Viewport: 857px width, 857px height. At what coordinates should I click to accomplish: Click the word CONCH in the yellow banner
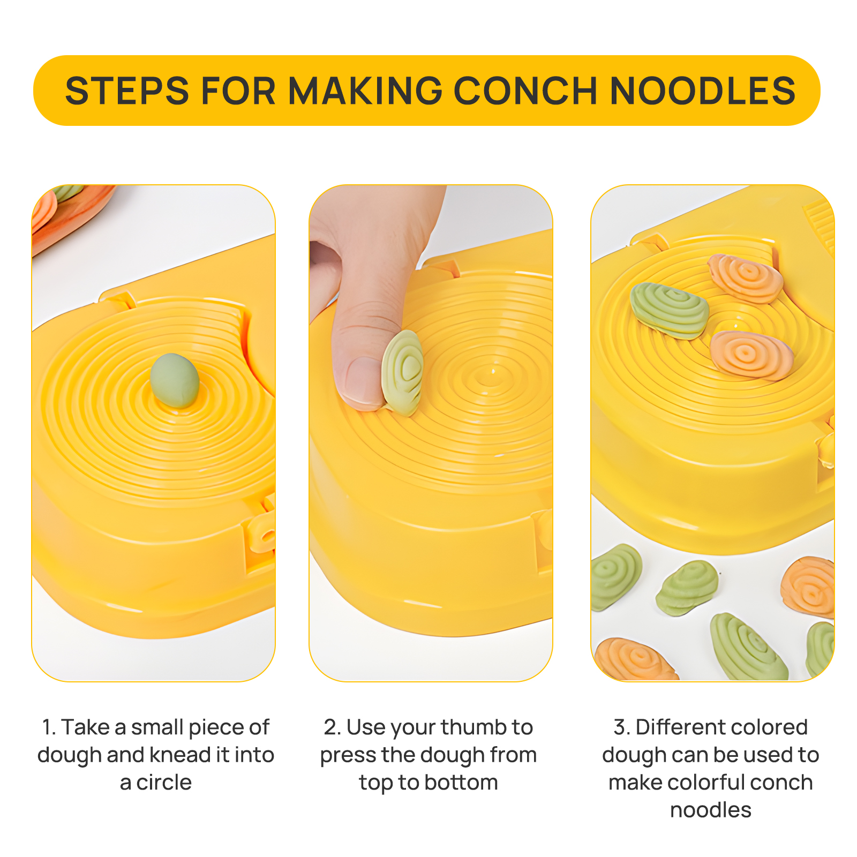point(525,91)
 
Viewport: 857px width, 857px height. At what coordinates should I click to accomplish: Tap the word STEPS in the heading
point(127,91)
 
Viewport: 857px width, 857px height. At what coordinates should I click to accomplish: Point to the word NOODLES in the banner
point(702,91)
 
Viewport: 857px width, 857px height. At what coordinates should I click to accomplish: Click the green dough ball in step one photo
point(175,380)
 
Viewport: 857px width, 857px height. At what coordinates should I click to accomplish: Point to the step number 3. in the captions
point(622,727)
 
